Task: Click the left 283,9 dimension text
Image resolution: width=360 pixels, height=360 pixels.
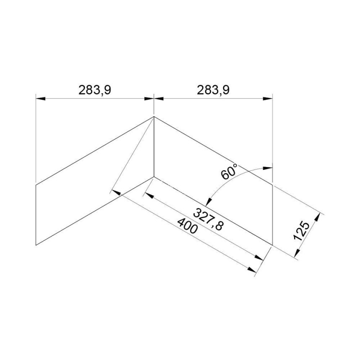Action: (x=94, y=90)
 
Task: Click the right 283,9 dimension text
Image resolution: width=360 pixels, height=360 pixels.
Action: (x=213, y=90)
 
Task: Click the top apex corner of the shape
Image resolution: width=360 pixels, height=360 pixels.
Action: (x=154, y=117)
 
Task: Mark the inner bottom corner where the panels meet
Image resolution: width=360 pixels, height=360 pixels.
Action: (x=154, y=177)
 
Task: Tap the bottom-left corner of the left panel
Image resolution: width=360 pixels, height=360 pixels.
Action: (x=36, y=245)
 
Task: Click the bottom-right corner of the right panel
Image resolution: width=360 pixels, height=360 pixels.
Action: (x=273, y=245)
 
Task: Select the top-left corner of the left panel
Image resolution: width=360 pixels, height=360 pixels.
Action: (x=36, y=184)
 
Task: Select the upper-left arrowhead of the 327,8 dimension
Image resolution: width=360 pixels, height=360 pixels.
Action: (x=148, y=194)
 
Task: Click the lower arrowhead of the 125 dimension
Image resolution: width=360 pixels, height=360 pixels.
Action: (x=297, y=252)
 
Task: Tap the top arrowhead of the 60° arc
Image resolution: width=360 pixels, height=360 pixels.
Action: (x=269, y=168)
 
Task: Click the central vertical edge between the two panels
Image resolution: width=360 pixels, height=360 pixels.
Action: (x=154, y=147)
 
